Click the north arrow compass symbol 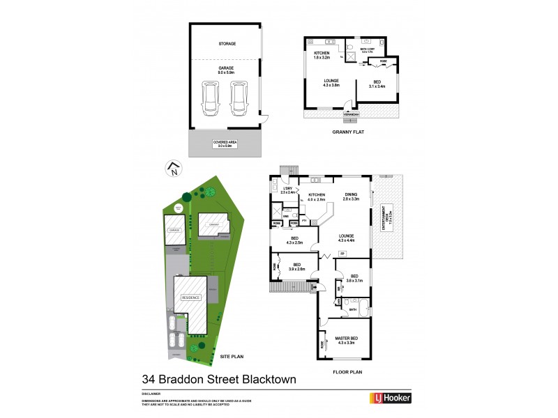(x=173, y=168)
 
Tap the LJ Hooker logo (x=390, y=398)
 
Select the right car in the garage (x=239, y=100)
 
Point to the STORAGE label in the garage (x=227, y=44)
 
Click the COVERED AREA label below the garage (x=225, y=144)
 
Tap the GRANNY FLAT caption (x=350, y=132)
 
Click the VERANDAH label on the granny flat (x=352, y=114)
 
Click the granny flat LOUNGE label (x=331, y=82)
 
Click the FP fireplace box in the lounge (x=342, y=254)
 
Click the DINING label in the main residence (x=350, y=196)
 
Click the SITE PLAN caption (x=232, y=356)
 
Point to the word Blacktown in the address (x=263, y=380)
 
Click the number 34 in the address (x=149, y=380)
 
